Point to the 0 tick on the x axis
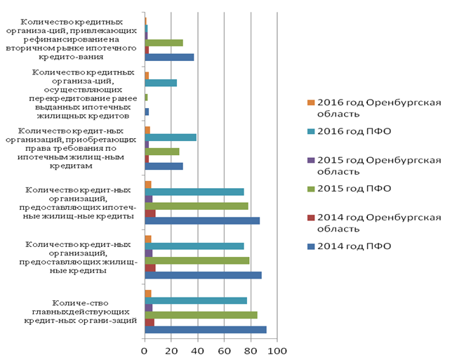pyautogui.click(x=145, y=350)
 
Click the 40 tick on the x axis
pyautogui.click(x=197, y=350)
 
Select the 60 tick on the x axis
pyautogui.click(x=224, y=350)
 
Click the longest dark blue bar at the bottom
pyautogui.click(x=205, y=330)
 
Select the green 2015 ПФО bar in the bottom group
pyautogui.click(x=201, y=314)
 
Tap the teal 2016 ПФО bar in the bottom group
pyautogui.click(x=196, y=300)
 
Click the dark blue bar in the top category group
pyautogui.click(x=169, y=57)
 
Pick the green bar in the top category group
pyautogui.click(x=164, y=42)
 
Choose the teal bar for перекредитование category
pyautogui.click(x=161, y=83)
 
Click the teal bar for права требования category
pyautogui.click(x=171, y=138)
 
